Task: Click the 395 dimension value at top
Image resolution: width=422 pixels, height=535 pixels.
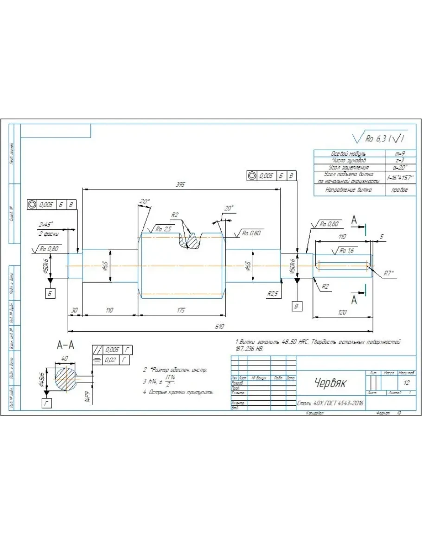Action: point(181,184)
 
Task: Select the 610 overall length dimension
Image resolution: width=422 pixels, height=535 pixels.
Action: point(219,327)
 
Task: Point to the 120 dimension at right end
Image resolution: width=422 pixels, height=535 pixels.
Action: point(342,312)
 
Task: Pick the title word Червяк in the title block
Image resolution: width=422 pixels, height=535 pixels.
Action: point(330,383)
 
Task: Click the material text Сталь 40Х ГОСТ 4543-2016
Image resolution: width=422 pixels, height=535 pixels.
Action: point(330,403)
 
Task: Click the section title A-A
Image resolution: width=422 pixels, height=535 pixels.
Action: point(65,345)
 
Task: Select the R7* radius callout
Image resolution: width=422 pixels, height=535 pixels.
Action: point(390,273)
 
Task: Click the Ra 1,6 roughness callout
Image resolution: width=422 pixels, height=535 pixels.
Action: point(344,251)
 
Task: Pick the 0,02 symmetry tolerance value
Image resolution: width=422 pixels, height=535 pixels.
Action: point(111,359)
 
